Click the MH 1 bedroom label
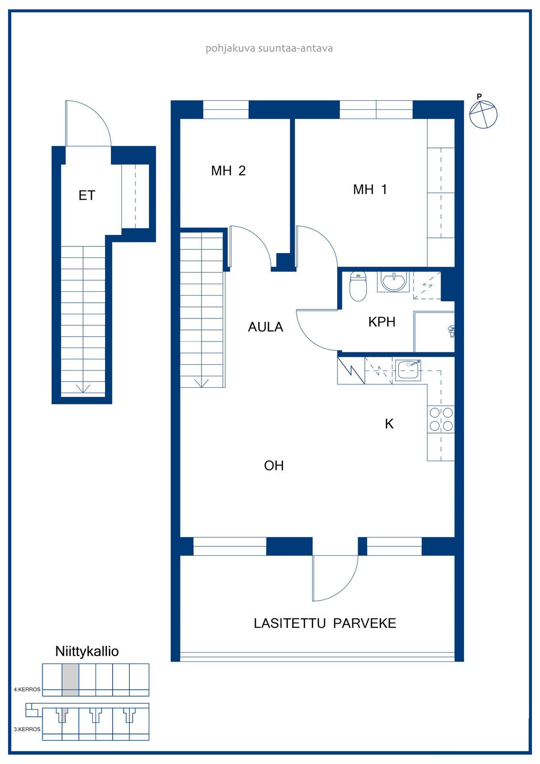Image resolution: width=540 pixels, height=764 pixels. pyautogui.click(x=370, y=189)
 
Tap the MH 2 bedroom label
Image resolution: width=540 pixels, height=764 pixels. pyautogui.click(x=228, y=170)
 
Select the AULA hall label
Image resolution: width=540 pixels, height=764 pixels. pyautogui.click(x=265, y=327)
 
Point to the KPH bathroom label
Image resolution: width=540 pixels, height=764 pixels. pyautogui.click(x=381, y=322)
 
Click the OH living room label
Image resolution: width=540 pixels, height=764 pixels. pyautogui.click(x=274, y=466)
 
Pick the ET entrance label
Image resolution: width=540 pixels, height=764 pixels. pyautogui.click(x=86, y=195)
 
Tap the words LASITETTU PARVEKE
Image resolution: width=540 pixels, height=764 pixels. pyautogui.click(x=325, y=623)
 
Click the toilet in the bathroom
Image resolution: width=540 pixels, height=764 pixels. pyautogui.click(x=358, y=286)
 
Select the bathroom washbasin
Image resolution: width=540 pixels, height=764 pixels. pyautogui.click(x=393, y=282)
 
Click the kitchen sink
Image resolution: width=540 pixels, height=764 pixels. pyautogui.click(x=409, y=370)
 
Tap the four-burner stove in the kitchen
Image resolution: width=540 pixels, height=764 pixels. pyautogui.click(x=441, y=419)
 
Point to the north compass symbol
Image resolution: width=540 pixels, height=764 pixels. pyautogui.click(x=483, y=113)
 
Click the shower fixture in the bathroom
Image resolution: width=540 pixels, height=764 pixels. pyautogui.click(x=451, y=331)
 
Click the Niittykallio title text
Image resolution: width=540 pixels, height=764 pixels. pyautogui.click(x=87, y=651)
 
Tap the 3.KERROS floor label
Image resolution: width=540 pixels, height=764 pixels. pyautogui.click(x=27, y=729)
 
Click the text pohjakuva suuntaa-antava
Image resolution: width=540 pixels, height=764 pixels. pyautogui.click(x=269, y=48)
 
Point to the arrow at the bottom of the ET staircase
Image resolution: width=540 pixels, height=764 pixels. pyautogui.click(x=83, y=389)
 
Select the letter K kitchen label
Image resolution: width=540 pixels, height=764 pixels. pyautogui.click(x=389, y=424)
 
